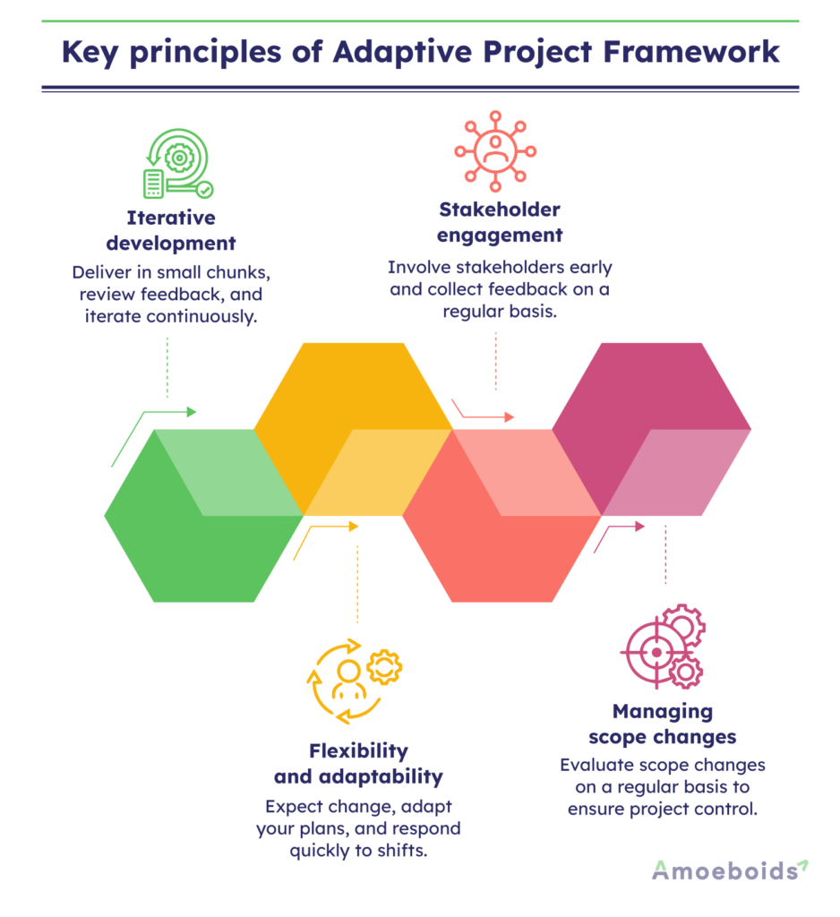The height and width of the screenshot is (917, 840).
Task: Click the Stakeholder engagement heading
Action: click(x=500, y=222)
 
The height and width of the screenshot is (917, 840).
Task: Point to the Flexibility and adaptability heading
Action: click(x=358, y=763)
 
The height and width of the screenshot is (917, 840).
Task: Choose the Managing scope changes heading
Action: click(x=663, y=724)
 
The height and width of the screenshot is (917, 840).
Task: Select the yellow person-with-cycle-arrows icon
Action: click(x=355, y=681)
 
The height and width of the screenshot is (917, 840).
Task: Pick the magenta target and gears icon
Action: click(x=663, y=647)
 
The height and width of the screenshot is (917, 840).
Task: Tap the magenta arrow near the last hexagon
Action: click(x=618, y=536)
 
